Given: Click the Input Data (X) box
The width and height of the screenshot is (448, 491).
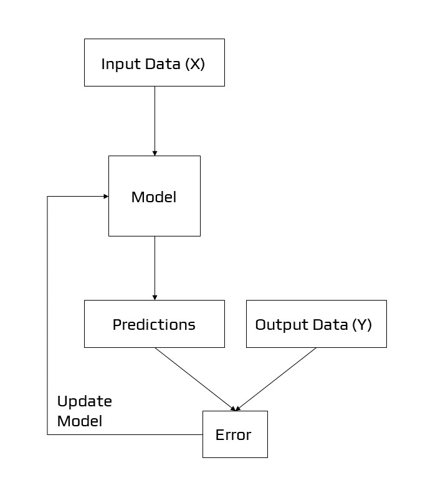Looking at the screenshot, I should [154, 63].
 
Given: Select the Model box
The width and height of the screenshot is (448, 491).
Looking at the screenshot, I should [154, 196].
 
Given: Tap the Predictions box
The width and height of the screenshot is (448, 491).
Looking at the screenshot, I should [154, 324].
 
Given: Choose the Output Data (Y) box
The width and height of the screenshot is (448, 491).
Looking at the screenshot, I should [316, 324].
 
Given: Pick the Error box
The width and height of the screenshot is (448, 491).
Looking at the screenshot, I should [235, 434].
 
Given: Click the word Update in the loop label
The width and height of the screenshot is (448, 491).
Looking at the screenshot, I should [84, 401].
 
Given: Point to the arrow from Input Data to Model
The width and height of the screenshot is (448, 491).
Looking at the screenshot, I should [155, 118].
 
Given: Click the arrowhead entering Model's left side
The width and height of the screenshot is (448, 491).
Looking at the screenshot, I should [105, 197].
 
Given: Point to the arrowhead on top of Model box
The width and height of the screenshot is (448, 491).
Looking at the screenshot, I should [155, 152].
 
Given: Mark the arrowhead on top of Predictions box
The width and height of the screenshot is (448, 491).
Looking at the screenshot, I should [155, 297].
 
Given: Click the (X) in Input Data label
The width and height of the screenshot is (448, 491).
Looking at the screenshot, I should [195, 63].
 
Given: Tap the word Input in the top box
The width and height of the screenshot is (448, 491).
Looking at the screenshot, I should [117, 63].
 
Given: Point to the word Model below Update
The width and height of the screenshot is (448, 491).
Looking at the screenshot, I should [79, 421].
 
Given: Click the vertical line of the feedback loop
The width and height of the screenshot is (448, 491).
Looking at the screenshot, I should [47, 311].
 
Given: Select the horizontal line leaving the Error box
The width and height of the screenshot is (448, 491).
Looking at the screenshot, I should [125, 434].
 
